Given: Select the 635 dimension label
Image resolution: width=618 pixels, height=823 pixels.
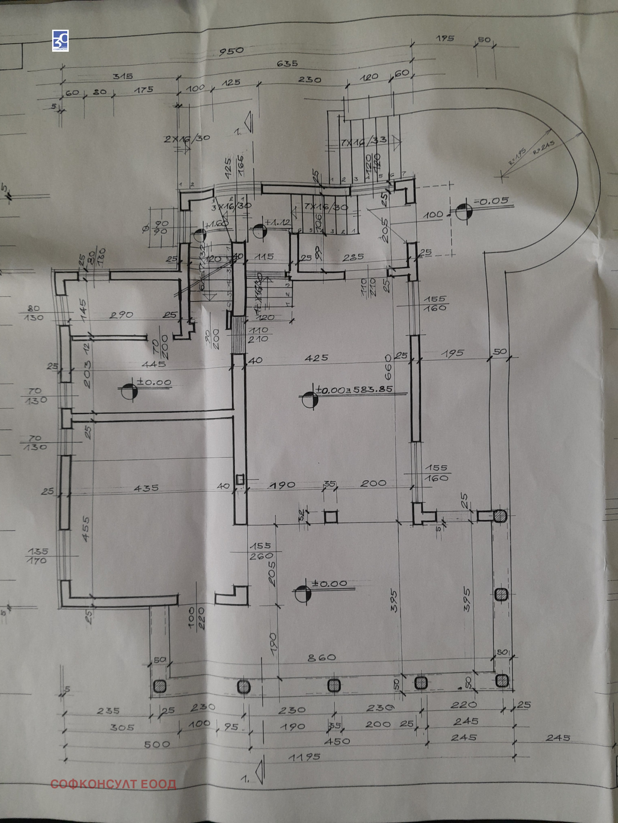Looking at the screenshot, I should [287, 64].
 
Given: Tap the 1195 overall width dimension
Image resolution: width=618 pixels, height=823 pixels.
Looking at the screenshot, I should [304, 757].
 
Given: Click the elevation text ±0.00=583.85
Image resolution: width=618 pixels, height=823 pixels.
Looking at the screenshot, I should [354, 389].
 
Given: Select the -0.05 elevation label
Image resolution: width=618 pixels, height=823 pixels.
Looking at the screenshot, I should [491, 201].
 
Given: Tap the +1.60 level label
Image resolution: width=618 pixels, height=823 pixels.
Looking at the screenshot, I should [217, 223].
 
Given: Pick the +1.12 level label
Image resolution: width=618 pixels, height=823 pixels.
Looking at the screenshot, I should [278, 223].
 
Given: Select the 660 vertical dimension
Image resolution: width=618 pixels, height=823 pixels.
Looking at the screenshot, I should [388, 367].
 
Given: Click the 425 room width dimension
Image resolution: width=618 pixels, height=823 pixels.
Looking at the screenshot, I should [316, 358].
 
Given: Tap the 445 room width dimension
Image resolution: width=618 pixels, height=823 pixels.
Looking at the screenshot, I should [154, 364].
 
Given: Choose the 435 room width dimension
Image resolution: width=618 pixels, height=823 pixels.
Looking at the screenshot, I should [146, 488].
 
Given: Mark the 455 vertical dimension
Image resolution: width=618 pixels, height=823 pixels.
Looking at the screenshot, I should [86, 529].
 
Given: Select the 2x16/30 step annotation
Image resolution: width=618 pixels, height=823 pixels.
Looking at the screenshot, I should [187, 139].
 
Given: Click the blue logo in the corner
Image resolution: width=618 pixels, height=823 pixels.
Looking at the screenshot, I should [61, 41].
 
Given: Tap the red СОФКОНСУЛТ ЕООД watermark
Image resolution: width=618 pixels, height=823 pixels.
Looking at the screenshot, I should [113, 784].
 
